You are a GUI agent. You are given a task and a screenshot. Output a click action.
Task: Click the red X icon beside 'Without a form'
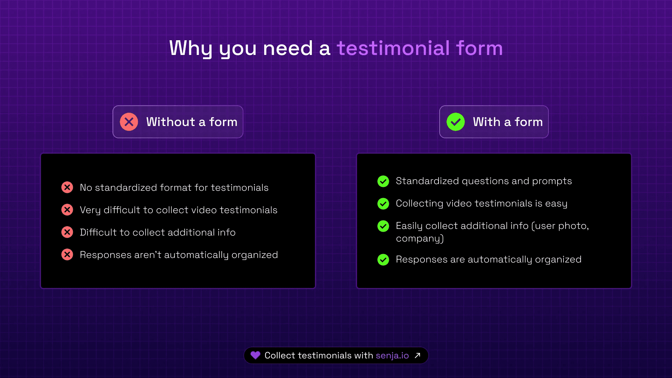pyautogui.click(x=129, y=122)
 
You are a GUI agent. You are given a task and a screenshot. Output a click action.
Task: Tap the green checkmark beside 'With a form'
pyautogui.click(x=456, y=122)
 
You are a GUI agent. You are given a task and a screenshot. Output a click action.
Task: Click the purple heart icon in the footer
pyautogui.click(x=255, y=355)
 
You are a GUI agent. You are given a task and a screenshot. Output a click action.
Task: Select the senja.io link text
pyautogui.click(x=392, y=356)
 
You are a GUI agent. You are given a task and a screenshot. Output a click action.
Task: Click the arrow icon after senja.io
pyautogui.click(x=418, y=356)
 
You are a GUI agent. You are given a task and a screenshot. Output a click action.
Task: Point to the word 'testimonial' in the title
pyautogui.click(x=393, y=48)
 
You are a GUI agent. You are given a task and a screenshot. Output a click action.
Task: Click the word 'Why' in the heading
pyautogui.click(x=191, y=49)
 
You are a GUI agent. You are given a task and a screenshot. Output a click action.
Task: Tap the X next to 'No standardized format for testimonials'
pyautogui.click(x=67, y=187)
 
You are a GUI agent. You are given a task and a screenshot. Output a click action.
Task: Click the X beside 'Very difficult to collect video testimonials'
pyautogui.click(x=67, y=210)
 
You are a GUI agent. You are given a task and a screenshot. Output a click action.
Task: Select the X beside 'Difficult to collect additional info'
pyautogui.click(x=67, y=232)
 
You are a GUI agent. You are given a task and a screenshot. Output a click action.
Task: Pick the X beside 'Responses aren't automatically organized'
pyautogui.click(x=67, y=254)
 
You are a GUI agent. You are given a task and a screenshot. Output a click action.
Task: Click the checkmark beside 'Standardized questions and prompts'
pyautogui.click(x=383, y=181)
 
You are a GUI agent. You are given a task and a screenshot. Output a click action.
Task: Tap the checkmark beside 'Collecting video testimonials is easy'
pyautogui.click(x=383, y=203)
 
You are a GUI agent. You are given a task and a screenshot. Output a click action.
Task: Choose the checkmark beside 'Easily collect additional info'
pyautogui.click(x=383, y=226)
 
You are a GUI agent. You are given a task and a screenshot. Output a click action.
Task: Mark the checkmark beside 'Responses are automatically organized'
pyautogui.click(x=383, y=259)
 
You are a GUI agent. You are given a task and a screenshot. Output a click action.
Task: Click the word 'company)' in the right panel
pyautogui.click(x=420, y=239)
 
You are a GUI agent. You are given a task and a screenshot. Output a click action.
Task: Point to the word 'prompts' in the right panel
pyautogui.click(x=552, y=181)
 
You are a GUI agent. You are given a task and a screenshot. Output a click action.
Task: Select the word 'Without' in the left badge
pyautogui.click(x=170, y=122)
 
